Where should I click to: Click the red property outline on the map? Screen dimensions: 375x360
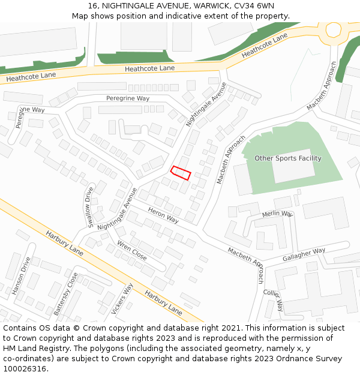181,173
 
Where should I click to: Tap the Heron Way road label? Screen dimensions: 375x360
163,215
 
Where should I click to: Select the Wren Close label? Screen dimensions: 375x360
132,250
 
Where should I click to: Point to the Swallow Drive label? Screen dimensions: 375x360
90,208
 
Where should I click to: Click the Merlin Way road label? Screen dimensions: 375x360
277,214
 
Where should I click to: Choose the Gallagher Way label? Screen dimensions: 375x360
304,254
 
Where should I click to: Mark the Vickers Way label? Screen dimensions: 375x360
122,299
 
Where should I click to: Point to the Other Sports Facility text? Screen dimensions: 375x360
288,158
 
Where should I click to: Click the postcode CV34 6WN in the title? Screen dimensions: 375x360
251,5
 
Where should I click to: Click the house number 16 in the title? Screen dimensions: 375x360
93,5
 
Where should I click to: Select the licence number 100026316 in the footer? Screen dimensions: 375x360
23,368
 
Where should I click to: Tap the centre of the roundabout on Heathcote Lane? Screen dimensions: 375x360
334,28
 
